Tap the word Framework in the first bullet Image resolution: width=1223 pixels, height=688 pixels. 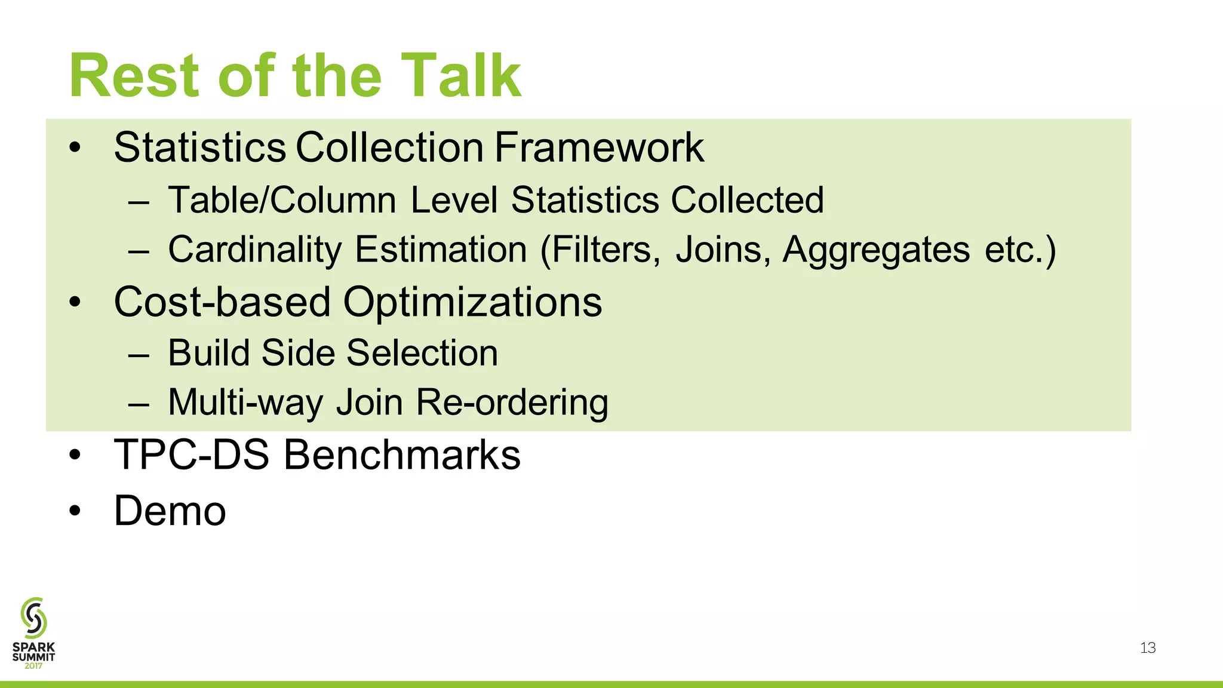click(599, 148)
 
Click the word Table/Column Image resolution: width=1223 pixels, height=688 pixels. click(282, 199)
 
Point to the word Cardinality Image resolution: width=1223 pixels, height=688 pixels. click(254, 249)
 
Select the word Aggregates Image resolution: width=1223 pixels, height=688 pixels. click(876, 249)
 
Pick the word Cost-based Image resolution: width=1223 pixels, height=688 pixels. click(222, 302)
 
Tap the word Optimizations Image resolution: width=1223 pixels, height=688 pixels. click(472, 302)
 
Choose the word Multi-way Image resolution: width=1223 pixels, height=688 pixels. click(245, 402)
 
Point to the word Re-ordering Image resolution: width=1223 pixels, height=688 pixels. click(512, 402)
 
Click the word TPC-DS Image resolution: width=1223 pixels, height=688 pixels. click(192, 455)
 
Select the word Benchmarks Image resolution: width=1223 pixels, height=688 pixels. click(401, 455)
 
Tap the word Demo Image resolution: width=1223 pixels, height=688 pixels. click(170, 511)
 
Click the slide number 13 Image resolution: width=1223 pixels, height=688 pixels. click(1148, 648)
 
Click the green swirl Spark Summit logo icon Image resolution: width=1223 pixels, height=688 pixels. click(33, 618)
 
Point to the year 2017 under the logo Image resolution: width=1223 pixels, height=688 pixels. click(33, 665)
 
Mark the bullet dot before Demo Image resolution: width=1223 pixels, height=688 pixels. click(74, 511)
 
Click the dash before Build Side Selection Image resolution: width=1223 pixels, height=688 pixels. click(138, 354)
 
